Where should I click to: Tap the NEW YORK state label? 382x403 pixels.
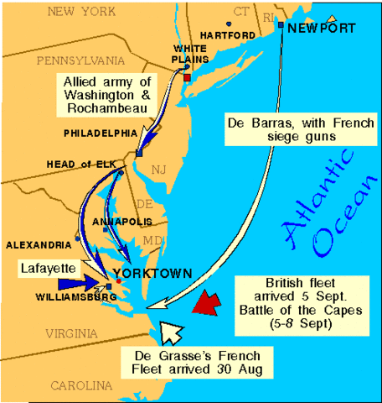[x=82, y=11]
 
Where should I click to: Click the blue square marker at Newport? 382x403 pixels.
[x=280, y=25]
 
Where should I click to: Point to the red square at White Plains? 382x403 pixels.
[x=187, y=77]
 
